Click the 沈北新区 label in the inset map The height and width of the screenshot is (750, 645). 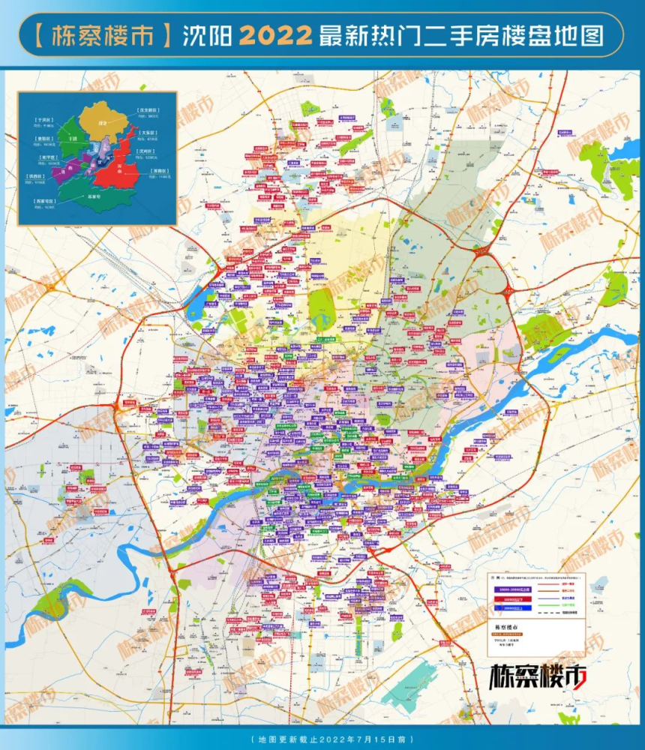tap(148, 110)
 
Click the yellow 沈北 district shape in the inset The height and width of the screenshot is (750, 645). tap(103, 121)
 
